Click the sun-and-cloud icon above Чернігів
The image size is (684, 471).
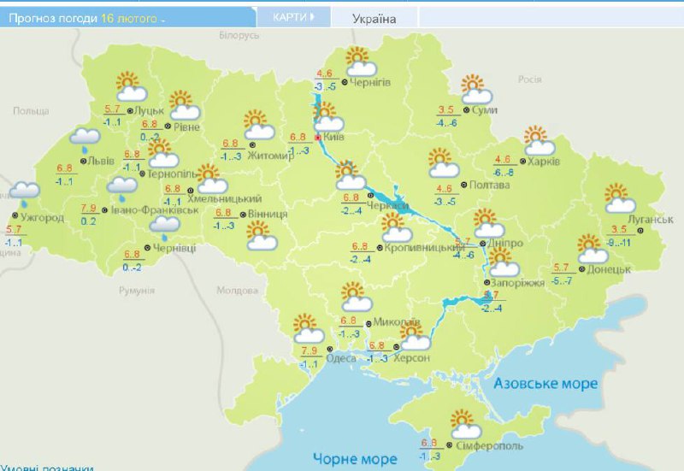pyautogui.click(x=360, y=62)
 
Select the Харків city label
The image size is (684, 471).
pyautogui.click(x=544, y=162)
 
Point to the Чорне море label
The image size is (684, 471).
pyautogui.click(x=354, y=458)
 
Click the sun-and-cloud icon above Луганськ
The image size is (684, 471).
pyautogui.click(x=620, y=198)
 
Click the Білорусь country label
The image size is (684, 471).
pyautogui.click(x=239, y=35)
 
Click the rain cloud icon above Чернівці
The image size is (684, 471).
pyautogui.click(x=164, y=225)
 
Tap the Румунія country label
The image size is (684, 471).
pyautogui.click(x=137, y=291)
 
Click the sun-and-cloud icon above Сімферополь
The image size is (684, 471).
pyautogui.click(x=462, y=422)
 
